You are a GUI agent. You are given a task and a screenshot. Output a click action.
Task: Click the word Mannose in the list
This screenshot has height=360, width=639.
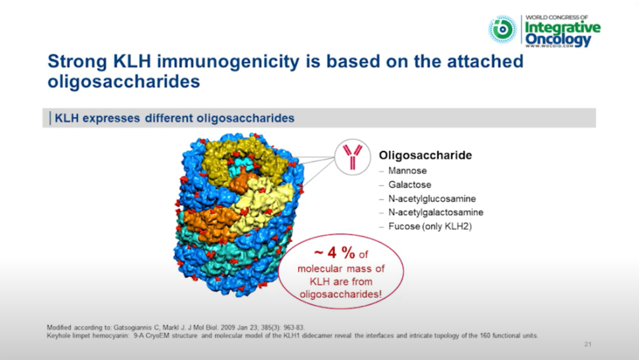[407, 171]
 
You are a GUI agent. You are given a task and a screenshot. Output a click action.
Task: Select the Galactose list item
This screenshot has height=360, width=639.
[409, 185]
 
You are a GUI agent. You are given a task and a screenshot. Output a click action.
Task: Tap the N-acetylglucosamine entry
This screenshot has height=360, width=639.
[432, 199]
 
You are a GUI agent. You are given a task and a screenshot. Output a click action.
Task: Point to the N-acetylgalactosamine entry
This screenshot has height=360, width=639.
[436, 212]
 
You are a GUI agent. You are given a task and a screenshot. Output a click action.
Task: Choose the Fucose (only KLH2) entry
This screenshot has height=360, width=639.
[430, 226]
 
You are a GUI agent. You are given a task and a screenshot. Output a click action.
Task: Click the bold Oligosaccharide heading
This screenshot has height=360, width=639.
[425, 156]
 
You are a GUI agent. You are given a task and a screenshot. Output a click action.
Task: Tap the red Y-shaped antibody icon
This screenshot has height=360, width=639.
[353, 157]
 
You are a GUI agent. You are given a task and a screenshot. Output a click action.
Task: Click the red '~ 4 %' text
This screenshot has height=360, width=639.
[334, 253]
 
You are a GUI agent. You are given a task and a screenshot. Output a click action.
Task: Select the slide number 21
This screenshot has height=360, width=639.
[587, 345]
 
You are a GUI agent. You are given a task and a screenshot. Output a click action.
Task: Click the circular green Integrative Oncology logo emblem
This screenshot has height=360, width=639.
[503, 29]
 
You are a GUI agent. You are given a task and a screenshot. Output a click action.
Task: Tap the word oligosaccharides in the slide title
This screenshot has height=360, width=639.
[124, 81]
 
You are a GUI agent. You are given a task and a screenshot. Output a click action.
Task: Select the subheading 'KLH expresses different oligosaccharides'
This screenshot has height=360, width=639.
[175, 118]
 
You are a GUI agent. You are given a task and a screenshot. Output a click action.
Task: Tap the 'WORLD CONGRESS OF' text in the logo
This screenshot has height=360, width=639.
[557, 17]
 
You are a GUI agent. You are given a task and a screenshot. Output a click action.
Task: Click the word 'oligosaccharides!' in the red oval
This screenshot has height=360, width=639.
[341, 294]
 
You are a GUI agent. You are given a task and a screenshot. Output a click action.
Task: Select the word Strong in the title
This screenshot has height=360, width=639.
[77, 62]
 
